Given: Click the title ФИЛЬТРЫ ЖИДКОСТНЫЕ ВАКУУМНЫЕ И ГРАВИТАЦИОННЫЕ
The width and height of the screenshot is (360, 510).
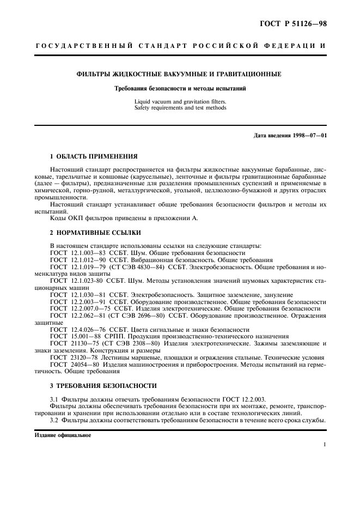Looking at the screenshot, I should [179, 74].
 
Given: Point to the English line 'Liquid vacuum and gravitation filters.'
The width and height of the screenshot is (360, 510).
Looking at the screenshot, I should [180, 102].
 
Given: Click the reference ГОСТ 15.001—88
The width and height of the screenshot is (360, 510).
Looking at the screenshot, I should [73, 337].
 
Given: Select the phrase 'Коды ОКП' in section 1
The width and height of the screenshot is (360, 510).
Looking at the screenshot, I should [64, 218].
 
